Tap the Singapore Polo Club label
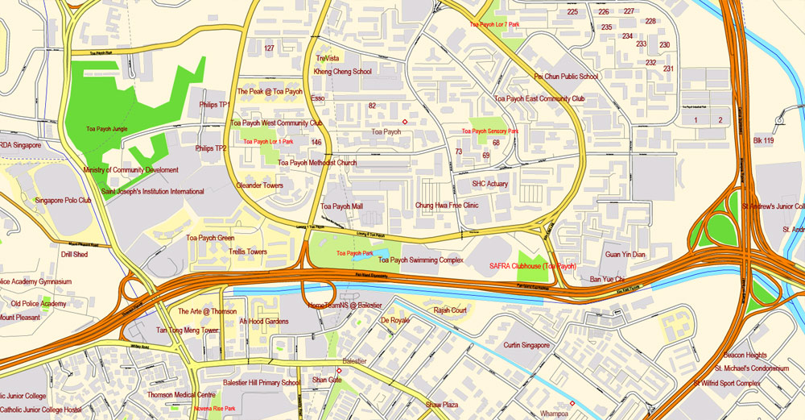(63, 200)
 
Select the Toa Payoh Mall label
(341, 206)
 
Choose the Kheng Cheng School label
(342, 72)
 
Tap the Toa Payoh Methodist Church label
(317, 163)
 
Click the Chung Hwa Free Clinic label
(447, 206)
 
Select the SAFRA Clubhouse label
(532, 266)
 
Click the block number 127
(269, 48)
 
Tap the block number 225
(572, 12)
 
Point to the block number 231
(668, 69)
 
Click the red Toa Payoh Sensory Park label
(489, 131)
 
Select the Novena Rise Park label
(214, 409)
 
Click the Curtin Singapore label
(526, 345)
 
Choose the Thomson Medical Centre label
(181, 395)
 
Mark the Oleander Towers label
(259, 185)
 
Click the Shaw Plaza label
(442, 404)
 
